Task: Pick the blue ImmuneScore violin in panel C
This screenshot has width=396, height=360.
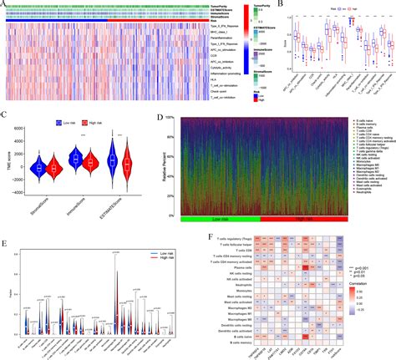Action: (x=74, y=158)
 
